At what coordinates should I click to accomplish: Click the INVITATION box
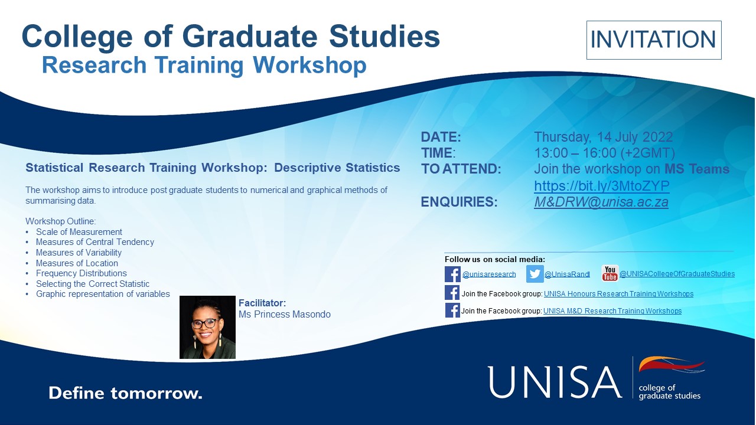653,40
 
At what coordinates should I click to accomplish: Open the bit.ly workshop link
601,186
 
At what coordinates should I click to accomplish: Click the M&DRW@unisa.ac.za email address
601,202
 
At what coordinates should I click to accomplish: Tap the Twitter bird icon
535,274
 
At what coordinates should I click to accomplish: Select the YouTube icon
610,273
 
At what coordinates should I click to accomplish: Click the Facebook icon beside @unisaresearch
452,274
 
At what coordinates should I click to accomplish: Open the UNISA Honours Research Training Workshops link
618,294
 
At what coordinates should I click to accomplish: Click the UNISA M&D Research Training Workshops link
612,311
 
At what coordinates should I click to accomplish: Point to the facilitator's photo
207,327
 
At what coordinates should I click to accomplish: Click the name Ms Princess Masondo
284,315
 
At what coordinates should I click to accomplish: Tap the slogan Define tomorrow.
125,393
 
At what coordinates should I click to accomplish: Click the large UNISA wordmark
555,382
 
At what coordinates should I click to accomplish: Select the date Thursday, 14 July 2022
603,137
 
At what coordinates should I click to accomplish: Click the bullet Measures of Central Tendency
94,242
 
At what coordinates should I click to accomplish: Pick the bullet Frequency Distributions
81,273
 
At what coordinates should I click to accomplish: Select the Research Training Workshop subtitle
204,65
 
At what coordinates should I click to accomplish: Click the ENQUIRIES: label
459,202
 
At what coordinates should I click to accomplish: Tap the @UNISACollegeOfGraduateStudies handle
677,274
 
